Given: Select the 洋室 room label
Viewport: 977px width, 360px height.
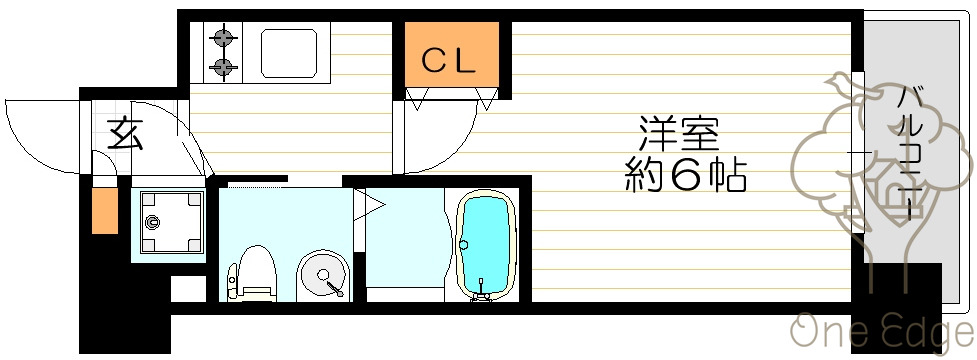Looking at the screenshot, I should click(x=680, y=132).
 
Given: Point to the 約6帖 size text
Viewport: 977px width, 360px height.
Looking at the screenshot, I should click(x=686, y=176).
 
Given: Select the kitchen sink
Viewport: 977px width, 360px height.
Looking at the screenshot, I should click(x=290, y=53).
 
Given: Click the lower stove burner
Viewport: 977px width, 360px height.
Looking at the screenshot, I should click(x=222, y=68).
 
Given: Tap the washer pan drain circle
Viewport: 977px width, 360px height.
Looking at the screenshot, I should click(x=154, y=223).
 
